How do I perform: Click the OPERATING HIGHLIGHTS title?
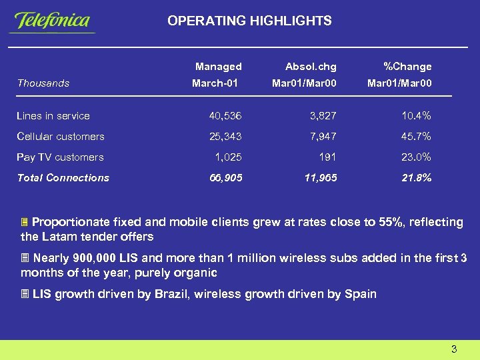coord(249,21)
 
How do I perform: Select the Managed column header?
coord(218,67)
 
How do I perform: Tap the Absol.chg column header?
coord(311,67)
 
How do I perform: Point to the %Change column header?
coord(407,67)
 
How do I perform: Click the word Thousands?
coord(43,83)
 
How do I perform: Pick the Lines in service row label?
coord(53,116)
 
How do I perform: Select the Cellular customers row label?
coord(61,137)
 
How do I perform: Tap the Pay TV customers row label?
coord(60,157)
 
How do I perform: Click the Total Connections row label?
coord(63,178)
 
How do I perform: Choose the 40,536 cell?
coord(225,116)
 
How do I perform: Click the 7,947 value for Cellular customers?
coord(323,137)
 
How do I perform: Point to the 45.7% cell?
coord(416,137)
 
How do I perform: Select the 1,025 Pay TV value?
coord(228,157)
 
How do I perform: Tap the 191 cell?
coord(327,157)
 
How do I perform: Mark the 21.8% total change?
coord(416,178)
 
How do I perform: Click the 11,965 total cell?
coord(320,178)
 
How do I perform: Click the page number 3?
coord(453,349)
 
